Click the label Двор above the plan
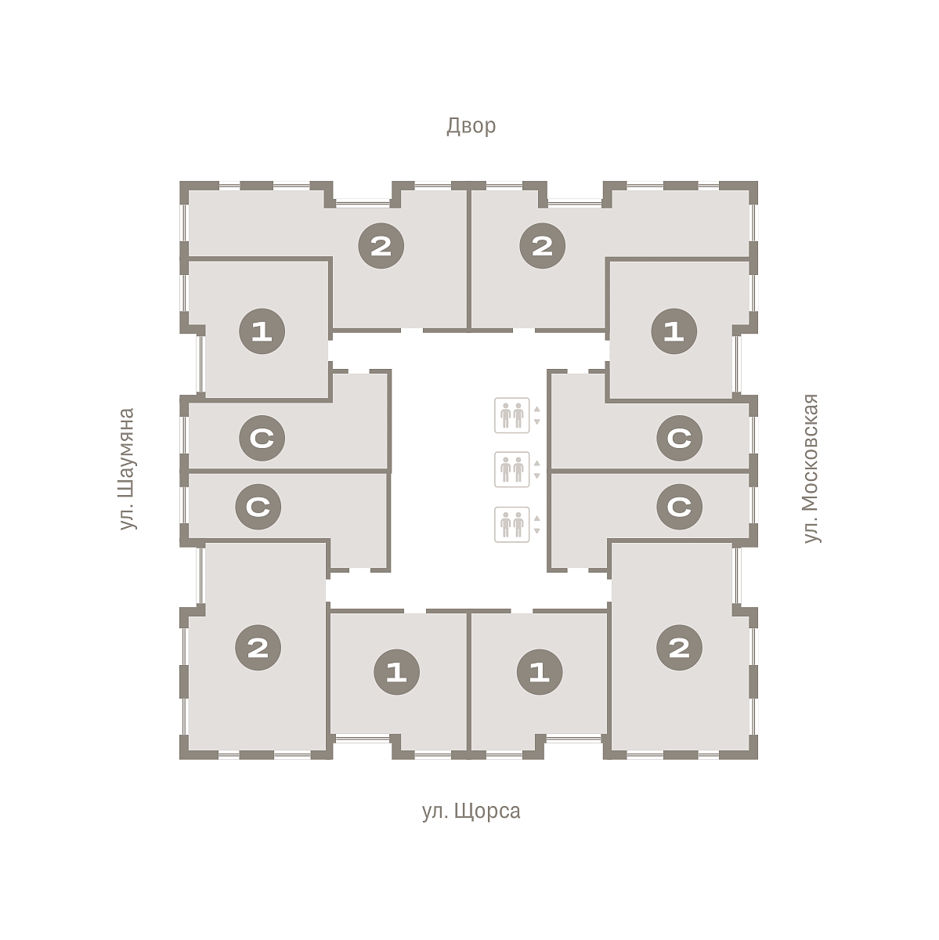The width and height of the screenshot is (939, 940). pos(471,126)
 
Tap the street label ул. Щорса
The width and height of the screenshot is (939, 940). pos(471,812)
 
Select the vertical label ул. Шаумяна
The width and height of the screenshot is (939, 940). pos(127,468)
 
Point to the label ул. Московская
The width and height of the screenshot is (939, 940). pos(811,468)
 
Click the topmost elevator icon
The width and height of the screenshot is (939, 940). pos(511,415)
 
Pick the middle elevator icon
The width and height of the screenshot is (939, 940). pos(511,469)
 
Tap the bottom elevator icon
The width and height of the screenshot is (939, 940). pos(511,524)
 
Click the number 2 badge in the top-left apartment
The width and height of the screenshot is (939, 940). pos(381,246)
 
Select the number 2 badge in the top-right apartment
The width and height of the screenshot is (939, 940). pos(543,246)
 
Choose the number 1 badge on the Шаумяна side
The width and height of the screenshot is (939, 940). pos(262,331)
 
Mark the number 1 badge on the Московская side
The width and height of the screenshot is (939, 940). pos(674,331)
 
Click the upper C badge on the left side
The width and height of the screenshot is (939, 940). pos(262,438)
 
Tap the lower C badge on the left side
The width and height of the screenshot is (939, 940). pos(258,507)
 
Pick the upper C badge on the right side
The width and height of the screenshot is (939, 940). pos(680,438)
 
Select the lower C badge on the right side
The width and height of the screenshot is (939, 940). pos(680,507)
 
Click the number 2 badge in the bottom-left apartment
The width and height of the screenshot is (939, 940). pos(258,648)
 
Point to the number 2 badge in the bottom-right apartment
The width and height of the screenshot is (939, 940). pos(680,648)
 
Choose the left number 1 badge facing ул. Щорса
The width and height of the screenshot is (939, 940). pos(396,672)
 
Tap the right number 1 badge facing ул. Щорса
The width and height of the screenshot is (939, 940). pos(540,672)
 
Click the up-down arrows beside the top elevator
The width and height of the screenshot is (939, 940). pos(537,415)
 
